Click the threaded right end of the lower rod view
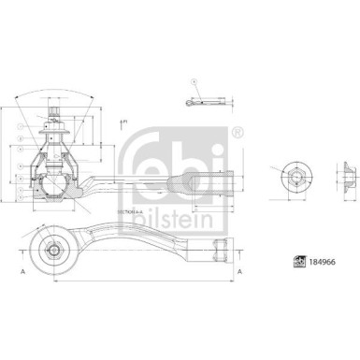(x=221, y=249)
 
